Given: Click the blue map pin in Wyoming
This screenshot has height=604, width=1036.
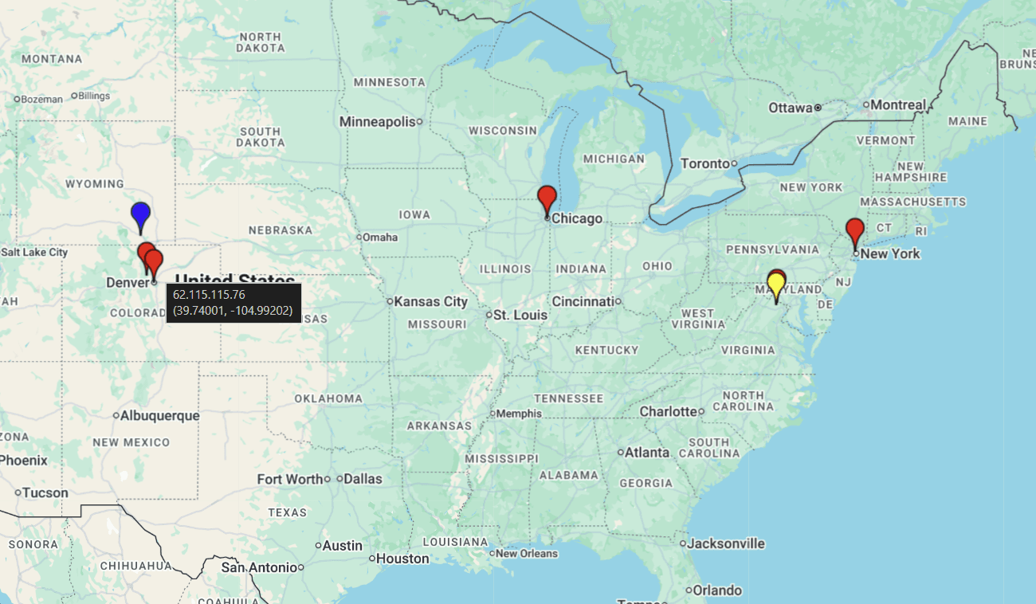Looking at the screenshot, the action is tap(141, 214).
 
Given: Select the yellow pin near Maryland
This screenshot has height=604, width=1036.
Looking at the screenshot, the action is tap(775, 284).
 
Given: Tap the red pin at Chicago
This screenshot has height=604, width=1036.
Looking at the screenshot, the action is tap(547, 197).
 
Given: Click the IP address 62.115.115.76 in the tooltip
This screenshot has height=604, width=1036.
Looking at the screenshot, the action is tap(209, 295).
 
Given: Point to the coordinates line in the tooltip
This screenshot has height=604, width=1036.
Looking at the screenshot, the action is tap(233, 310).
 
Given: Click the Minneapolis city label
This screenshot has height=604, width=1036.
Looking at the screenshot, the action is tap(378, 121).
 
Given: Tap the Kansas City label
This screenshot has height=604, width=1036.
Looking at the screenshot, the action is tap(430, 301).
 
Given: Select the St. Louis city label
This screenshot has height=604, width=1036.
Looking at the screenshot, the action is tap(520, 315).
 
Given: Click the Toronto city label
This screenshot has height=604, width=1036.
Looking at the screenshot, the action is tap(705, 163).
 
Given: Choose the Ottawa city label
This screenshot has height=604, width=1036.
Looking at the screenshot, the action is tap(791, 107).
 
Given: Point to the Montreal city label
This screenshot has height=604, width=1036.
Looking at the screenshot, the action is tap(898, 104).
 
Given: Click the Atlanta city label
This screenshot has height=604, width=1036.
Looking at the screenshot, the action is tap(647, 452).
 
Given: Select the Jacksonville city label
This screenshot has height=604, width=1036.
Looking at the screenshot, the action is tap(726, 543).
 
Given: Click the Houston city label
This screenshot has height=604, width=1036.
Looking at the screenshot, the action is tap(402, 559).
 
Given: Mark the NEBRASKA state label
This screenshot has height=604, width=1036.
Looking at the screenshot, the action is tap(281, 230).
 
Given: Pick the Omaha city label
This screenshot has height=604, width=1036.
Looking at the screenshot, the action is tap(380, 237).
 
